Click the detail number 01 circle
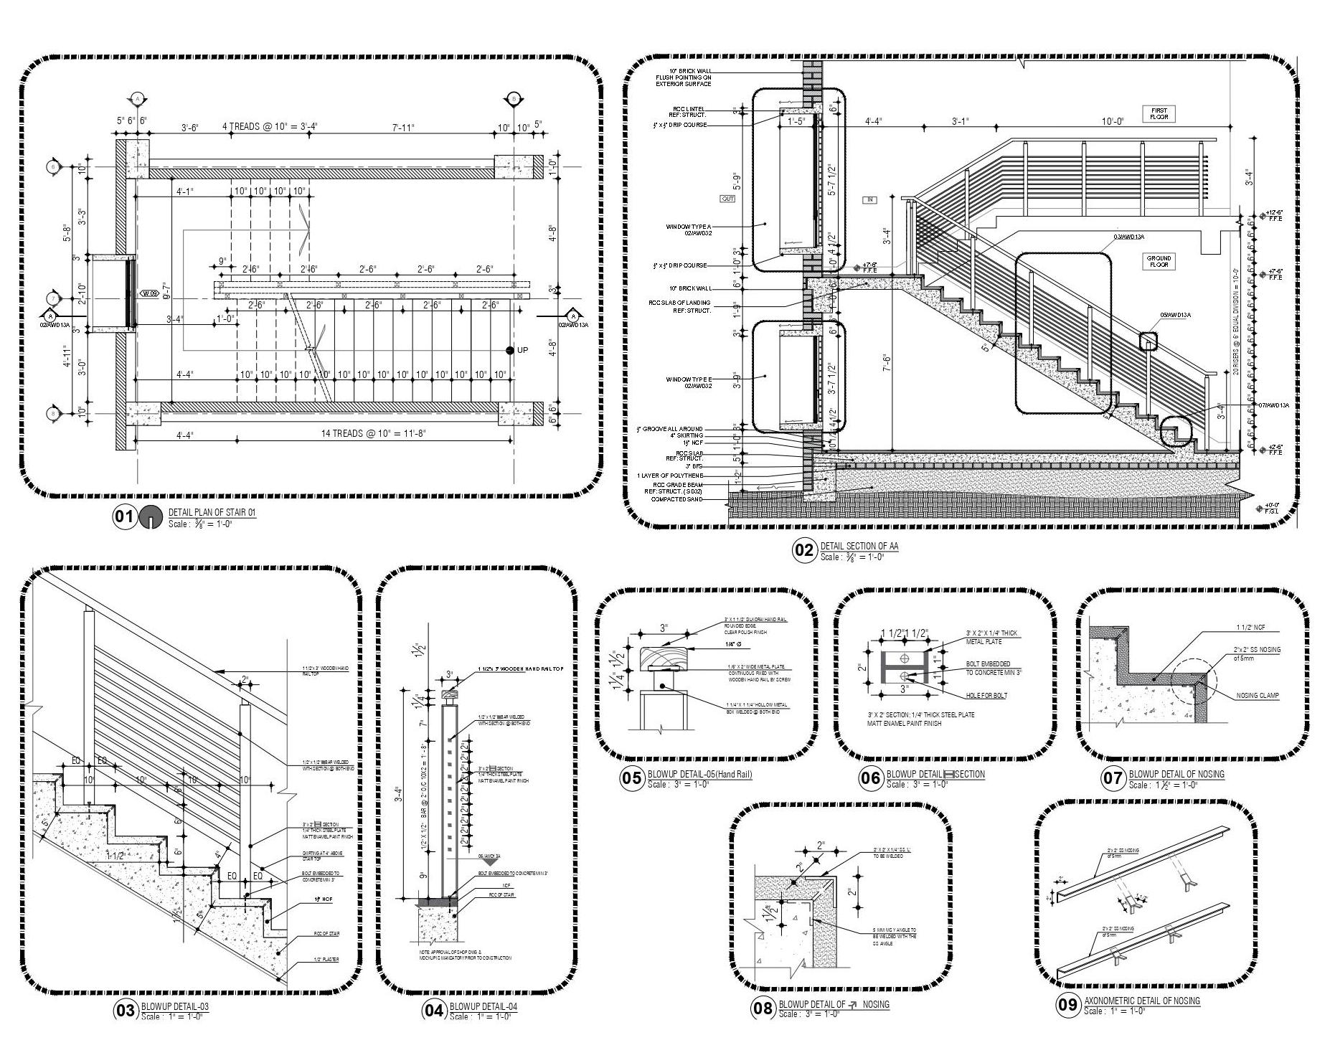(125, 517)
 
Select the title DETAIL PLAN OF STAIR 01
(212, 512)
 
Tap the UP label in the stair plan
(522, 350)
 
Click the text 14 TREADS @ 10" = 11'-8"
(374, 434)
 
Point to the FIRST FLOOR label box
(1159, 114)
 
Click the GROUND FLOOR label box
(1159, 261)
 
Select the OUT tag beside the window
(727, 199)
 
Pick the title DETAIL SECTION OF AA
(859, 546)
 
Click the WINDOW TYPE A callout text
(689, 230)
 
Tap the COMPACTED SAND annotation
(676, 499)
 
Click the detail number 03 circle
(125, 1011)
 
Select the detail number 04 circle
(433, 1011)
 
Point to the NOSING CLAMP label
(1258, 695)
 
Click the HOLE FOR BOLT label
(986, 695)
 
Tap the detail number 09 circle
(1067, 1005)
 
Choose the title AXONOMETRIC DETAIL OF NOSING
(1141, 1001)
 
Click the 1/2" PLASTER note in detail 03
(326, 960)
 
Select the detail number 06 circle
(870, 779)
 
